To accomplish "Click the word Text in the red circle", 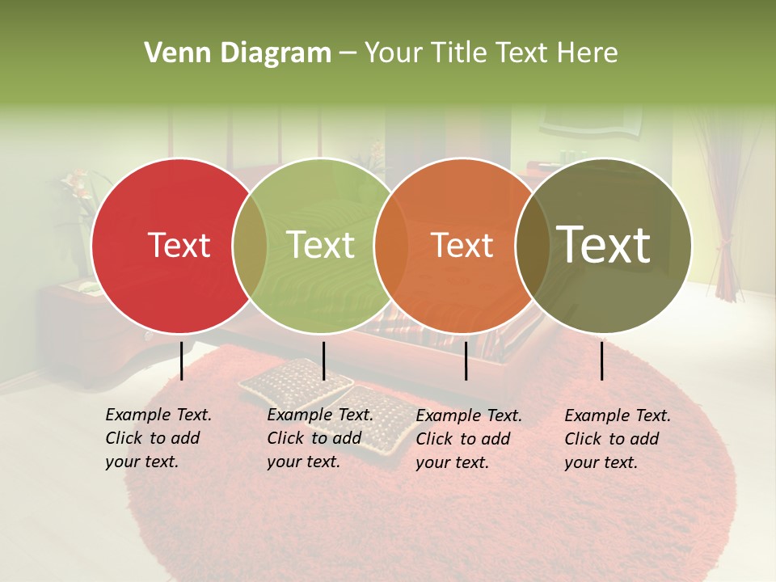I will (179, 245).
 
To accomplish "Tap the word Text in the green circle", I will (321, 245).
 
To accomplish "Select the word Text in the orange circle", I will (462, 245).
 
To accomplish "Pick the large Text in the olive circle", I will (604, 244).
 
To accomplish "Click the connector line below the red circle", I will (182, 361).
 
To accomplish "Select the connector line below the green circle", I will (323, 361).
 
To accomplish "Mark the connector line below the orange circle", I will (466, 361).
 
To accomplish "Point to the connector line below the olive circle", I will (602, 361).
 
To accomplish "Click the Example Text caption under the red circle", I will (158, 438).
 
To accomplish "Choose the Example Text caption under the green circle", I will (319, 438).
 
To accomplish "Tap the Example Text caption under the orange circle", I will (468, 439).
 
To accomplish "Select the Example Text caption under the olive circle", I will (617, 439).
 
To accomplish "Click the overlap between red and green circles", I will (250, 245).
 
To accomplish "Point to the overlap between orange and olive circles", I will (533, 245).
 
